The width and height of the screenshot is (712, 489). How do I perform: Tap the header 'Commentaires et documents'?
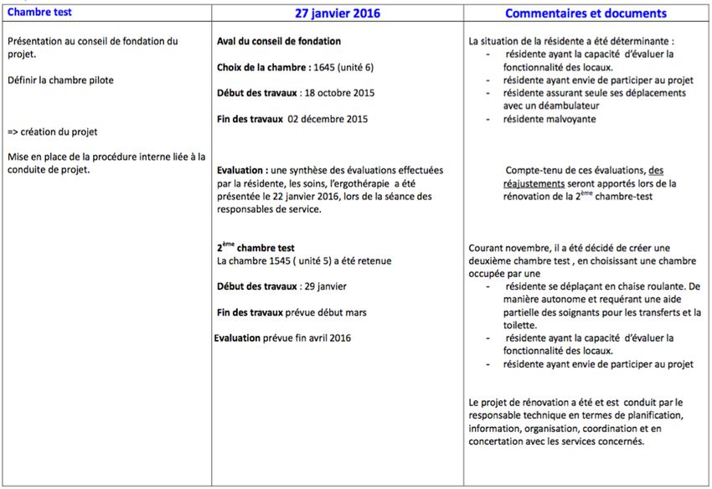click(x=586, y=13)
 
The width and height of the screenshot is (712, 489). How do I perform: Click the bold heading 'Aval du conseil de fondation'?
click(x=278, y=41)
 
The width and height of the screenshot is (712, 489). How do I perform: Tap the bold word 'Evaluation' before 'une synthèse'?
click(x=241, y=170)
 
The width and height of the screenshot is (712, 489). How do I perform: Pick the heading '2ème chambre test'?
click(x=255, y=248)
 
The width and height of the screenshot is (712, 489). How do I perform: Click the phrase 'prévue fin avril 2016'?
click(x=312, y=338)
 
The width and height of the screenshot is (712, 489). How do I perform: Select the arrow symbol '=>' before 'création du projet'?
click(x=12, y=132)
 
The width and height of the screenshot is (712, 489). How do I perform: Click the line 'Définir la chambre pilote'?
click(x=59, y=80)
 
